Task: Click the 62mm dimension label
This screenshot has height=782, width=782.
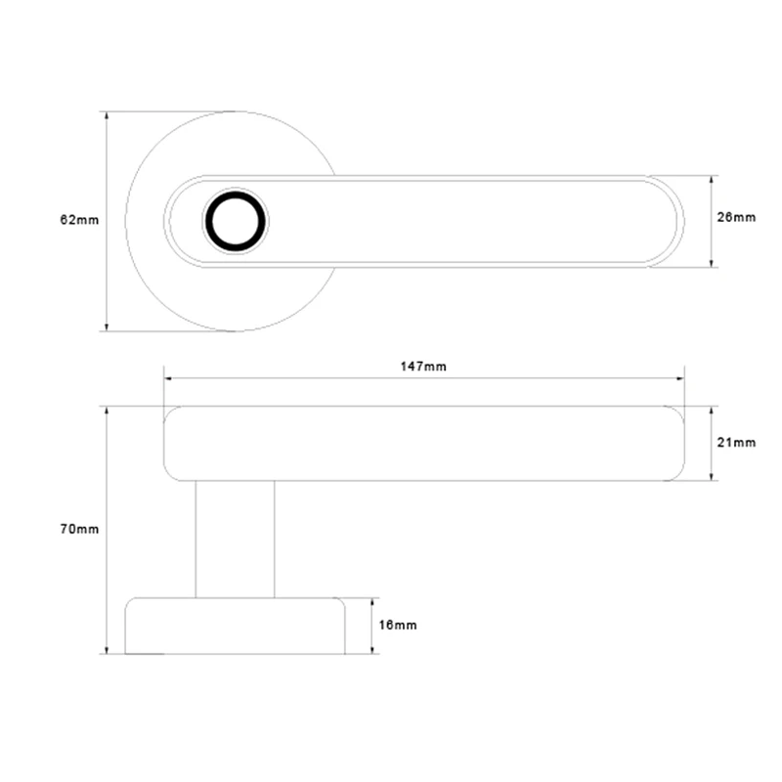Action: (79, 220)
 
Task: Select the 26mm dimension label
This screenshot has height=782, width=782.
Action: (736, 217)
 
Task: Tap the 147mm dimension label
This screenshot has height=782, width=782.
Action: (423, 367)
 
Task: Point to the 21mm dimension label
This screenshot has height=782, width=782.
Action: (736, 443)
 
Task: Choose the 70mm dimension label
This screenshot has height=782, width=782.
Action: (79, 529)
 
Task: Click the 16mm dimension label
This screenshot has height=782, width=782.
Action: (398, 625)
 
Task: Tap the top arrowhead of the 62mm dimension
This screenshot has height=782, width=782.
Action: (107, 115)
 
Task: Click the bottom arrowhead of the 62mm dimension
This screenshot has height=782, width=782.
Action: (107, 326)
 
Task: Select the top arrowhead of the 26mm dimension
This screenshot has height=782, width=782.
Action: (712, 180)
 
